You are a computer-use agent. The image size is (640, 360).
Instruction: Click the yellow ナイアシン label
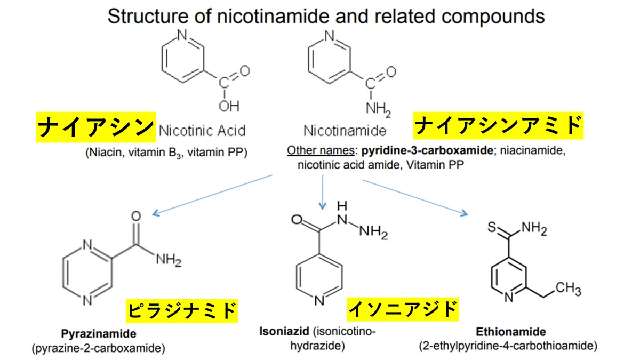[95, 127]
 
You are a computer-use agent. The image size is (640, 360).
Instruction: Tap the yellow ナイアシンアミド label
[498, 126]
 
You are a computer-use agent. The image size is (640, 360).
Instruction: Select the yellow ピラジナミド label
[182, 311]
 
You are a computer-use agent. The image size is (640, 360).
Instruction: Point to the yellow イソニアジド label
[403, 309]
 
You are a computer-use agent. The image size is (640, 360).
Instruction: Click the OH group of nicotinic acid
[229, 106]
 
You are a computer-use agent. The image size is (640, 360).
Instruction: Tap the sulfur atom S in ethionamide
[492, 227]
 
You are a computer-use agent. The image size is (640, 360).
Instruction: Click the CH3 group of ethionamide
[569, 289]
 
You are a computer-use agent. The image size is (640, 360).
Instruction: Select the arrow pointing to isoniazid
[323, 193]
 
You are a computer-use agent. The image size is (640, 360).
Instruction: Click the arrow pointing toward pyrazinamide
[212, 195]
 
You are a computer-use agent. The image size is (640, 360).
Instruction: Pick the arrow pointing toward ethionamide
[415, 198]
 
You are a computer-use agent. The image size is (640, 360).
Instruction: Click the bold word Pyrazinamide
[99, 333]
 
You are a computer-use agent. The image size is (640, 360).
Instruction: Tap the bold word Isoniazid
[284, 331]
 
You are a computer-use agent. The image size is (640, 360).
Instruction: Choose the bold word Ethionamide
[510, 332]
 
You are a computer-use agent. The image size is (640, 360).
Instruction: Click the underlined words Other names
[321, 150]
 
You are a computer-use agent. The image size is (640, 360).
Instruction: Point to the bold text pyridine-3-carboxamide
[427, 150]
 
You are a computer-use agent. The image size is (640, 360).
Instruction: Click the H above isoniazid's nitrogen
[342, 206]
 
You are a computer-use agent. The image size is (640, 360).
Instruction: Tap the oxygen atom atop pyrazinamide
[136, 216]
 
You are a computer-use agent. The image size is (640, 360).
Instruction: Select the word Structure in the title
[148, 16]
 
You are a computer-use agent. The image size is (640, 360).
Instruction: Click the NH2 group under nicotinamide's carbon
[378, 109]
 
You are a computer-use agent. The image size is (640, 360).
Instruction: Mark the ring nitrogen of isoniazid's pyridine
[319, 300]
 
